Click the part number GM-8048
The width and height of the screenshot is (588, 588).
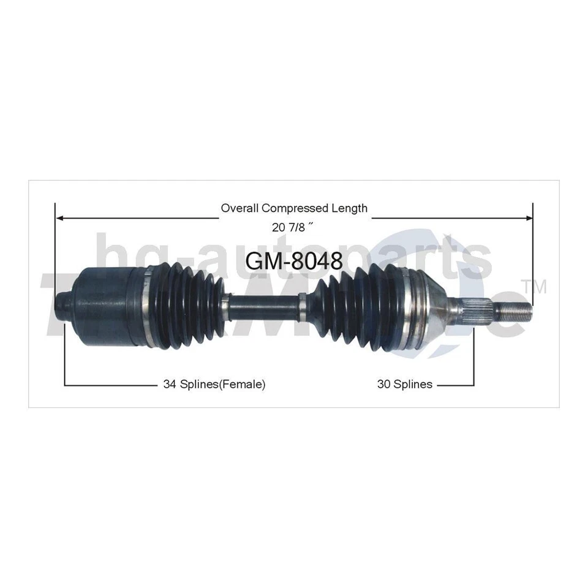click(x=294, y=261)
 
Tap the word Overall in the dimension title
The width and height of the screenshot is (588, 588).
click(x=237, y=208)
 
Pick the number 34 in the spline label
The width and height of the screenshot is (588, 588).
click(x=169, y=385)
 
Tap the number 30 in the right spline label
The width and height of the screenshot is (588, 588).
click(x=383, y=385)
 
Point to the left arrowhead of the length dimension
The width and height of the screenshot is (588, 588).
click(x=59, y=216)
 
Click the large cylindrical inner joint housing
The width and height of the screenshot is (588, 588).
click(x=104, y=298)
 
